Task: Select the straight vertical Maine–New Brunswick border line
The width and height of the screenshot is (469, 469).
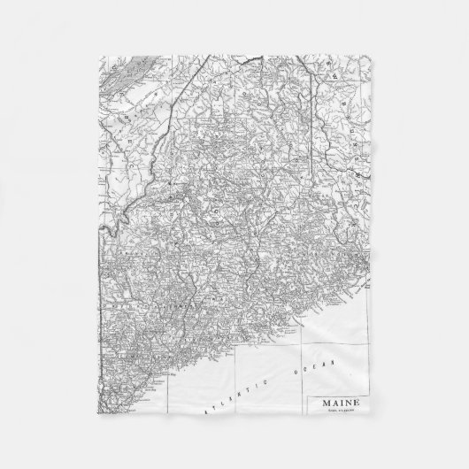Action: coord(315,133)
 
